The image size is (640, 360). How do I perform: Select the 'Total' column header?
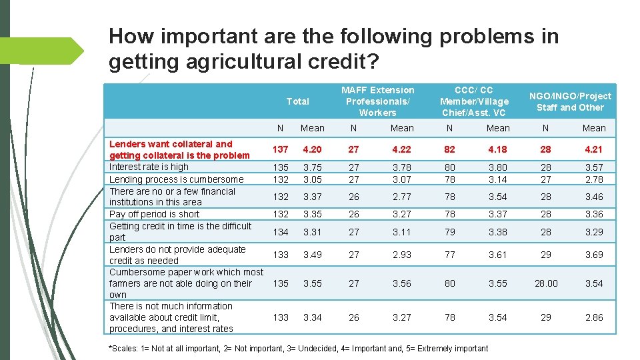(297, 101)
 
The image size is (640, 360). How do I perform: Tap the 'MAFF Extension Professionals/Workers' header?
(377, 101)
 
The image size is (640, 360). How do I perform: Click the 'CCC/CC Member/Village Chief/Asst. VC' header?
(473, 101)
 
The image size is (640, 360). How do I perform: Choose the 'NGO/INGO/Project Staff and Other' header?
(569, 101)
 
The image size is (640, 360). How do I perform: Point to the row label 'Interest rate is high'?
(149, 167)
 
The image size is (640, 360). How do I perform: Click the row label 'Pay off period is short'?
(154, 214)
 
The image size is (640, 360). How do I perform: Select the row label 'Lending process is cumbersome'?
(176, 179)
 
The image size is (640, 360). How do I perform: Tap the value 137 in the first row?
(281, 149)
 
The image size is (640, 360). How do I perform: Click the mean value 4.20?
(312, 149)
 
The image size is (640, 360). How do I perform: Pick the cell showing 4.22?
(402, 149)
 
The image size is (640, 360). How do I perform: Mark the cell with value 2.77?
(402, 197)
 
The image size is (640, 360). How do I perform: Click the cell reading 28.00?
(545, 283)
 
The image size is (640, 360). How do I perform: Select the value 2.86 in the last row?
(594, 317)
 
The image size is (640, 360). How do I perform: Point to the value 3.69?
(594, 255)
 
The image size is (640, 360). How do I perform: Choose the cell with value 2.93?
(402, 255)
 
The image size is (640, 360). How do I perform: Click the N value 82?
(450, 149)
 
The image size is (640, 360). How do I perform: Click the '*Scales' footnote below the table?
(297, 348)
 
